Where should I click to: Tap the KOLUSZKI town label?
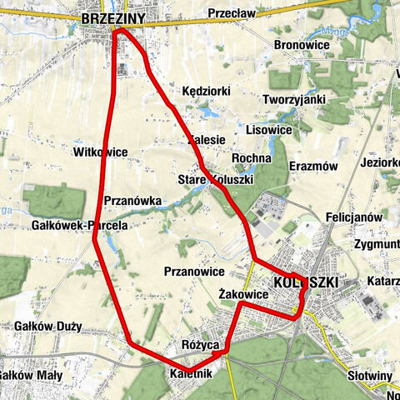coord(306,282)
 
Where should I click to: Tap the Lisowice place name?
coord(268,130)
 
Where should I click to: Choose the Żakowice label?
coord(242,294)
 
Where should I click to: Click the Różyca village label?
coord(199,343)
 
